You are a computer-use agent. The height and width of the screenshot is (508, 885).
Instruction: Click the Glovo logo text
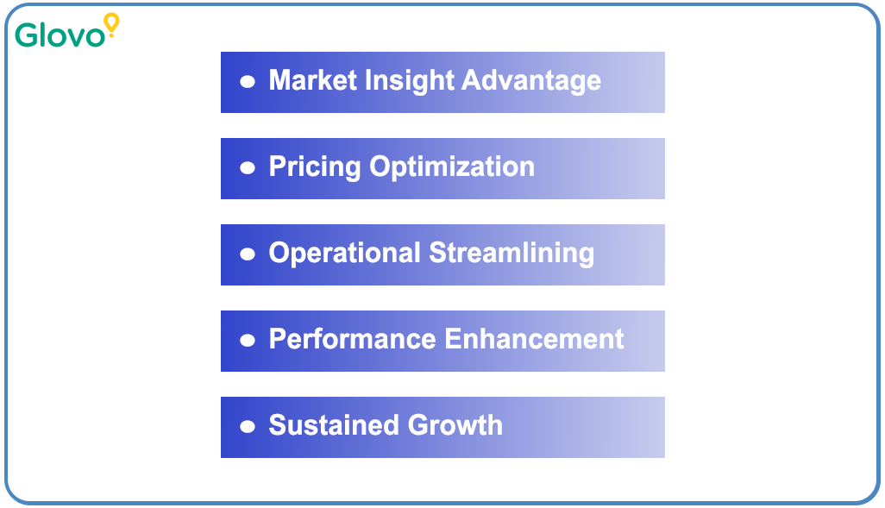tap(60, 34)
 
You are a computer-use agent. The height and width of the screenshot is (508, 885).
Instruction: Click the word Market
tap(311, 80)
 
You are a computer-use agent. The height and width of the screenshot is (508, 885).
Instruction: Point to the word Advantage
tap(531, 80)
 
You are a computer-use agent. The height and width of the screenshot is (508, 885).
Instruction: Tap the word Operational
tap(344, 253)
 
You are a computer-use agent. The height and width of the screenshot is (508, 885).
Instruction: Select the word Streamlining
tap(512, 254)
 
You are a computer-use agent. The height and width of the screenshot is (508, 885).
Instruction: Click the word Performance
tap(352, 339)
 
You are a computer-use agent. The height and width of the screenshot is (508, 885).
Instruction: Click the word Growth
tap(455, 425)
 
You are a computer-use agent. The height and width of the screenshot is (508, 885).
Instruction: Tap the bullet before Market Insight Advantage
tap(248, 82)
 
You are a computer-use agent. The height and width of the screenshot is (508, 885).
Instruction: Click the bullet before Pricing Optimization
tap(248, 168)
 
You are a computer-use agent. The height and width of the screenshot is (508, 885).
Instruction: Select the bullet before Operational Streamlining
tap(248, 254)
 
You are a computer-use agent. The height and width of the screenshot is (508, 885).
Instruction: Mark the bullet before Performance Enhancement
tap(248, 341)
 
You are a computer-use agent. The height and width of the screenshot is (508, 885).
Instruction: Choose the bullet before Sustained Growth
tap(248, 427)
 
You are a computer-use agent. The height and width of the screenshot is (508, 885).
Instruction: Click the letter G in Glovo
tap(27, 34)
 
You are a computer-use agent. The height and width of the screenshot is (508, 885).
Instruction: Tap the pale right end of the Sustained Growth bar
tap(643, 427)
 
